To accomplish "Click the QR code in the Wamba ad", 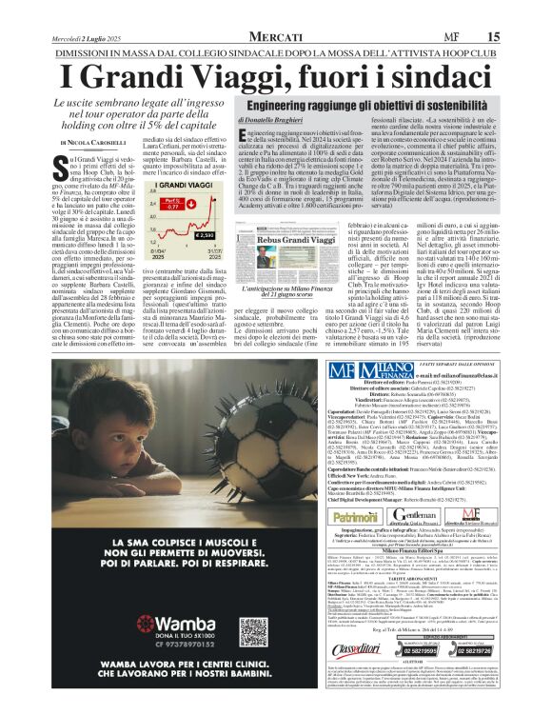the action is point(253,630).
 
